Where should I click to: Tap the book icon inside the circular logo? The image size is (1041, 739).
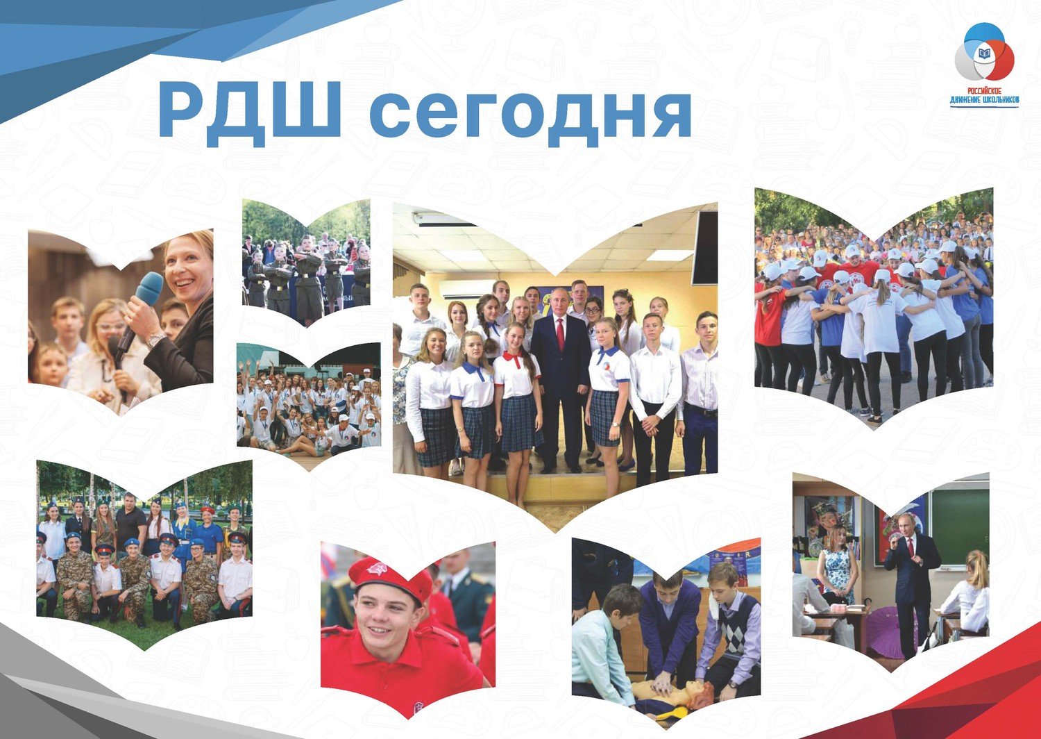point(984,53)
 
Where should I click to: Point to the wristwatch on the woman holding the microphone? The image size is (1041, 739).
point(155,339)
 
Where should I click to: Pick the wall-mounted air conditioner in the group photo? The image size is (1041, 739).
point(469,289)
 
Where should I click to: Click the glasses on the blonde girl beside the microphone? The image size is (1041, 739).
point(113,326)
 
